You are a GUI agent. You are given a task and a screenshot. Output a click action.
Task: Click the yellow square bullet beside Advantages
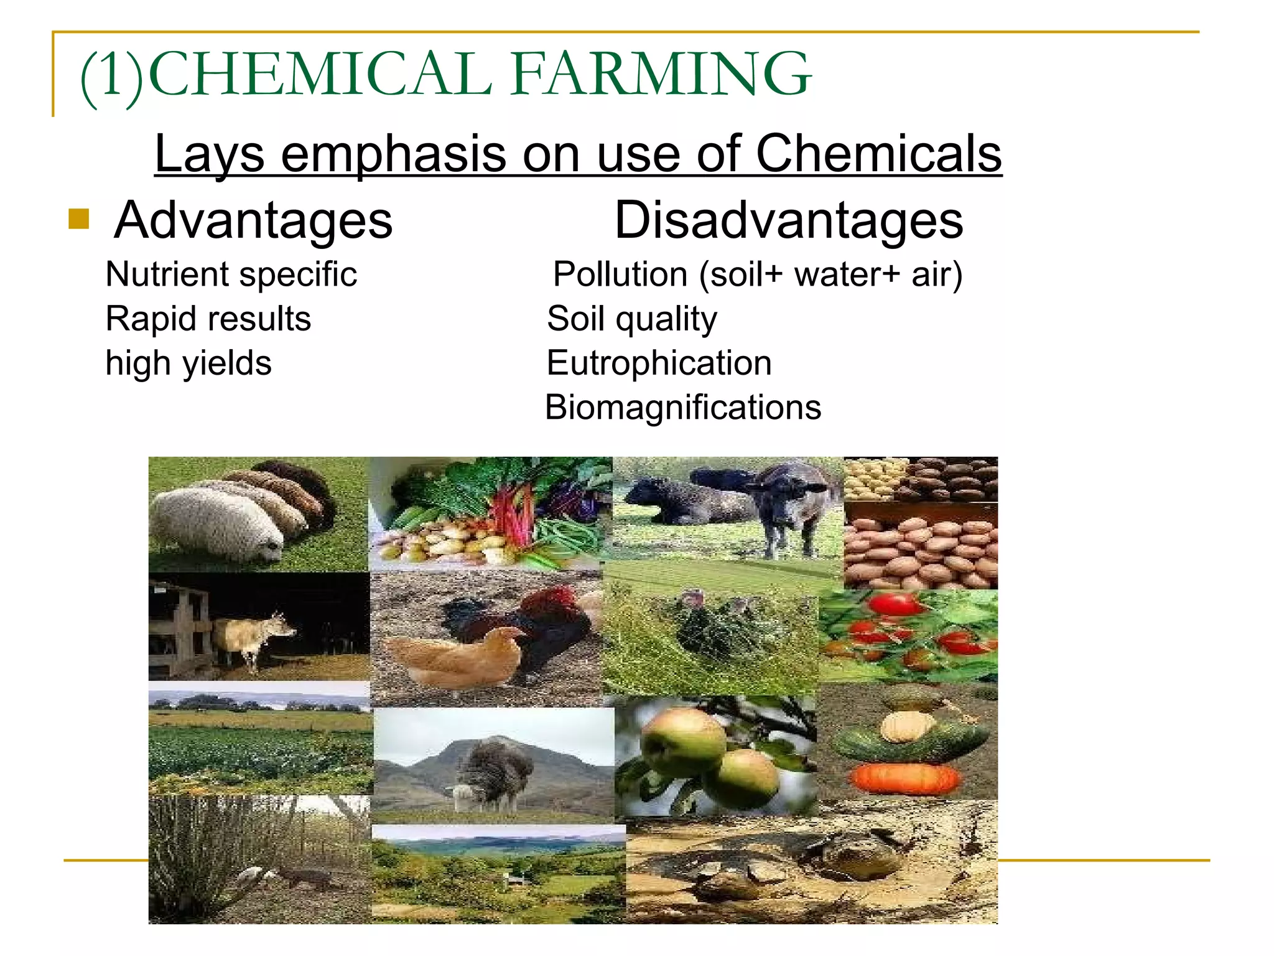(79, 218)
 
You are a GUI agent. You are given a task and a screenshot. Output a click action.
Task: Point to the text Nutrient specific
(231, 274)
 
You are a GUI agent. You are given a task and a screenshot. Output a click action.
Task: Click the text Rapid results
(208, 319)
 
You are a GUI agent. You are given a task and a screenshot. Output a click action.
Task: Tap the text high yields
(188, 363)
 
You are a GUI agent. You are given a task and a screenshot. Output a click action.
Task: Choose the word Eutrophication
(659, 363)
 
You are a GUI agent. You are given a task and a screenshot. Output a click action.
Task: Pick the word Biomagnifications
(683, 408)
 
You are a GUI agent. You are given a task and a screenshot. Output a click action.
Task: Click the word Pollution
(620, 274)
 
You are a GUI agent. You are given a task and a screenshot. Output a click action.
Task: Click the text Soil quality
(631, 319)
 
